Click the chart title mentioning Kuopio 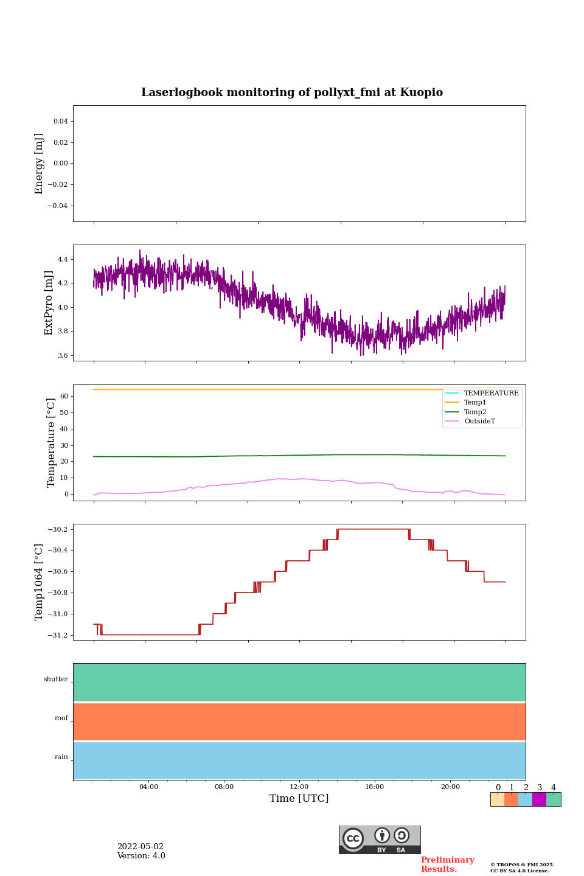[x=292, y=92]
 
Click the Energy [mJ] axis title [x=40, y=164]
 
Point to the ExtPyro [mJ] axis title [x=49, y=303]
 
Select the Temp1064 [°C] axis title [x=40, y=582]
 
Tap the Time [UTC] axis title [x=299, y=799]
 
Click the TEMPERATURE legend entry [x=491, y=394]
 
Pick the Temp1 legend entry [x=475, y=403]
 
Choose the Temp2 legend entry [x=475, y=412]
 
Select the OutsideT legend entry [x=479, y=422]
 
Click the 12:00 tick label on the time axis [x=299, y=787]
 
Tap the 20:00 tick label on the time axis [x=450, y=787]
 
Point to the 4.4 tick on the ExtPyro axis [x=63, y=260]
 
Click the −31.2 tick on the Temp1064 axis [x=59, y=635]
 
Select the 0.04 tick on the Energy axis [x=60, y=122]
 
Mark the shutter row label [x=56, y=680]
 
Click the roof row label [x=61, y=718]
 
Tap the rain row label [x=61, y=757]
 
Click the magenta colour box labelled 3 [x=539, y=799]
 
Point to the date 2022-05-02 [x=141, y=847]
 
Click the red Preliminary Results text [x=447, y=864]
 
